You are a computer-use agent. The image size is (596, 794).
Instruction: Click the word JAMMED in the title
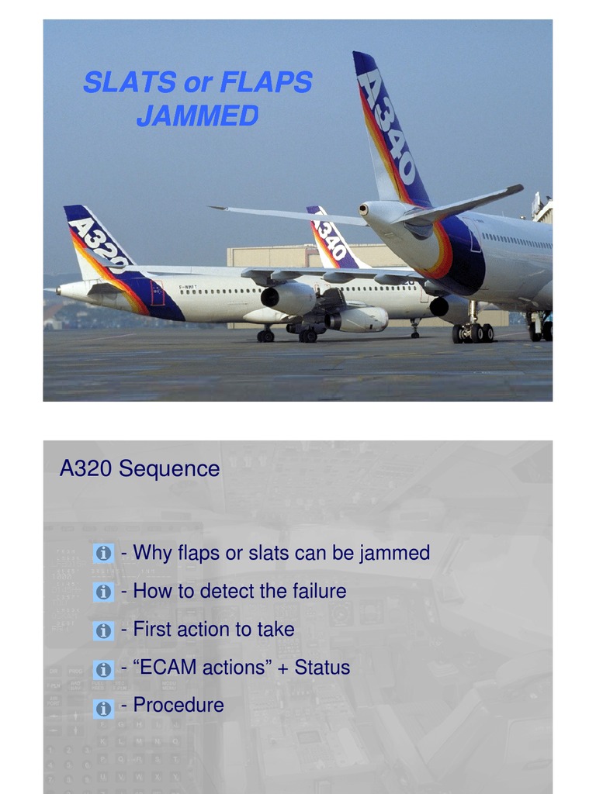[197, 116]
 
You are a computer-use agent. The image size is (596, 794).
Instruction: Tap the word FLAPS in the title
[266, 82]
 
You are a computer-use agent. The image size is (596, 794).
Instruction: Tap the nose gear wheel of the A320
[265, 336]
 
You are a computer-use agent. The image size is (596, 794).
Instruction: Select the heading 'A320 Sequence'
[140, 469]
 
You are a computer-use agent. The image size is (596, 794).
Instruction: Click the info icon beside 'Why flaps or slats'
[103, 554]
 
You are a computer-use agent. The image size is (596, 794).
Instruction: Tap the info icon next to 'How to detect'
[103, 592]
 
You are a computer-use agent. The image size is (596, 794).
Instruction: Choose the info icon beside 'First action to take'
[103, 630]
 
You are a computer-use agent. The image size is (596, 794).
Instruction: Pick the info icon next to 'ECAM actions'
[103, 668]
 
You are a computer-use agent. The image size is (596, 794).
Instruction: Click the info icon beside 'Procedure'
[103, 707]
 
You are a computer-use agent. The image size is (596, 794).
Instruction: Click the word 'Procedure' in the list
[178, 705]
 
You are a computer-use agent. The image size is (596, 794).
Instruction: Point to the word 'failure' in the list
[319, 591]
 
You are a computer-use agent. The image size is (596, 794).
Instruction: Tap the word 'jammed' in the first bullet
[394, 553]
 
